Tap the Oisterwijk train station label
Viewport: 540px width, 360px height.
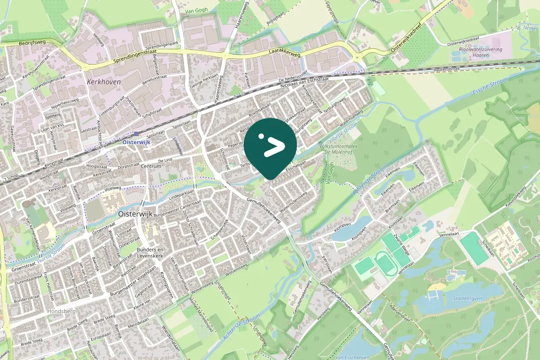137,142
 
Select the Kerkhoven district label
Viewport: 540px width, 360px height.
104,81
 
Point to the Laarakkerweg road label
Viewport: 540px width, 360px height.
285,51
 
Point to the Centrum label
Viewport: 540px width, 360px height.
150,167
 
